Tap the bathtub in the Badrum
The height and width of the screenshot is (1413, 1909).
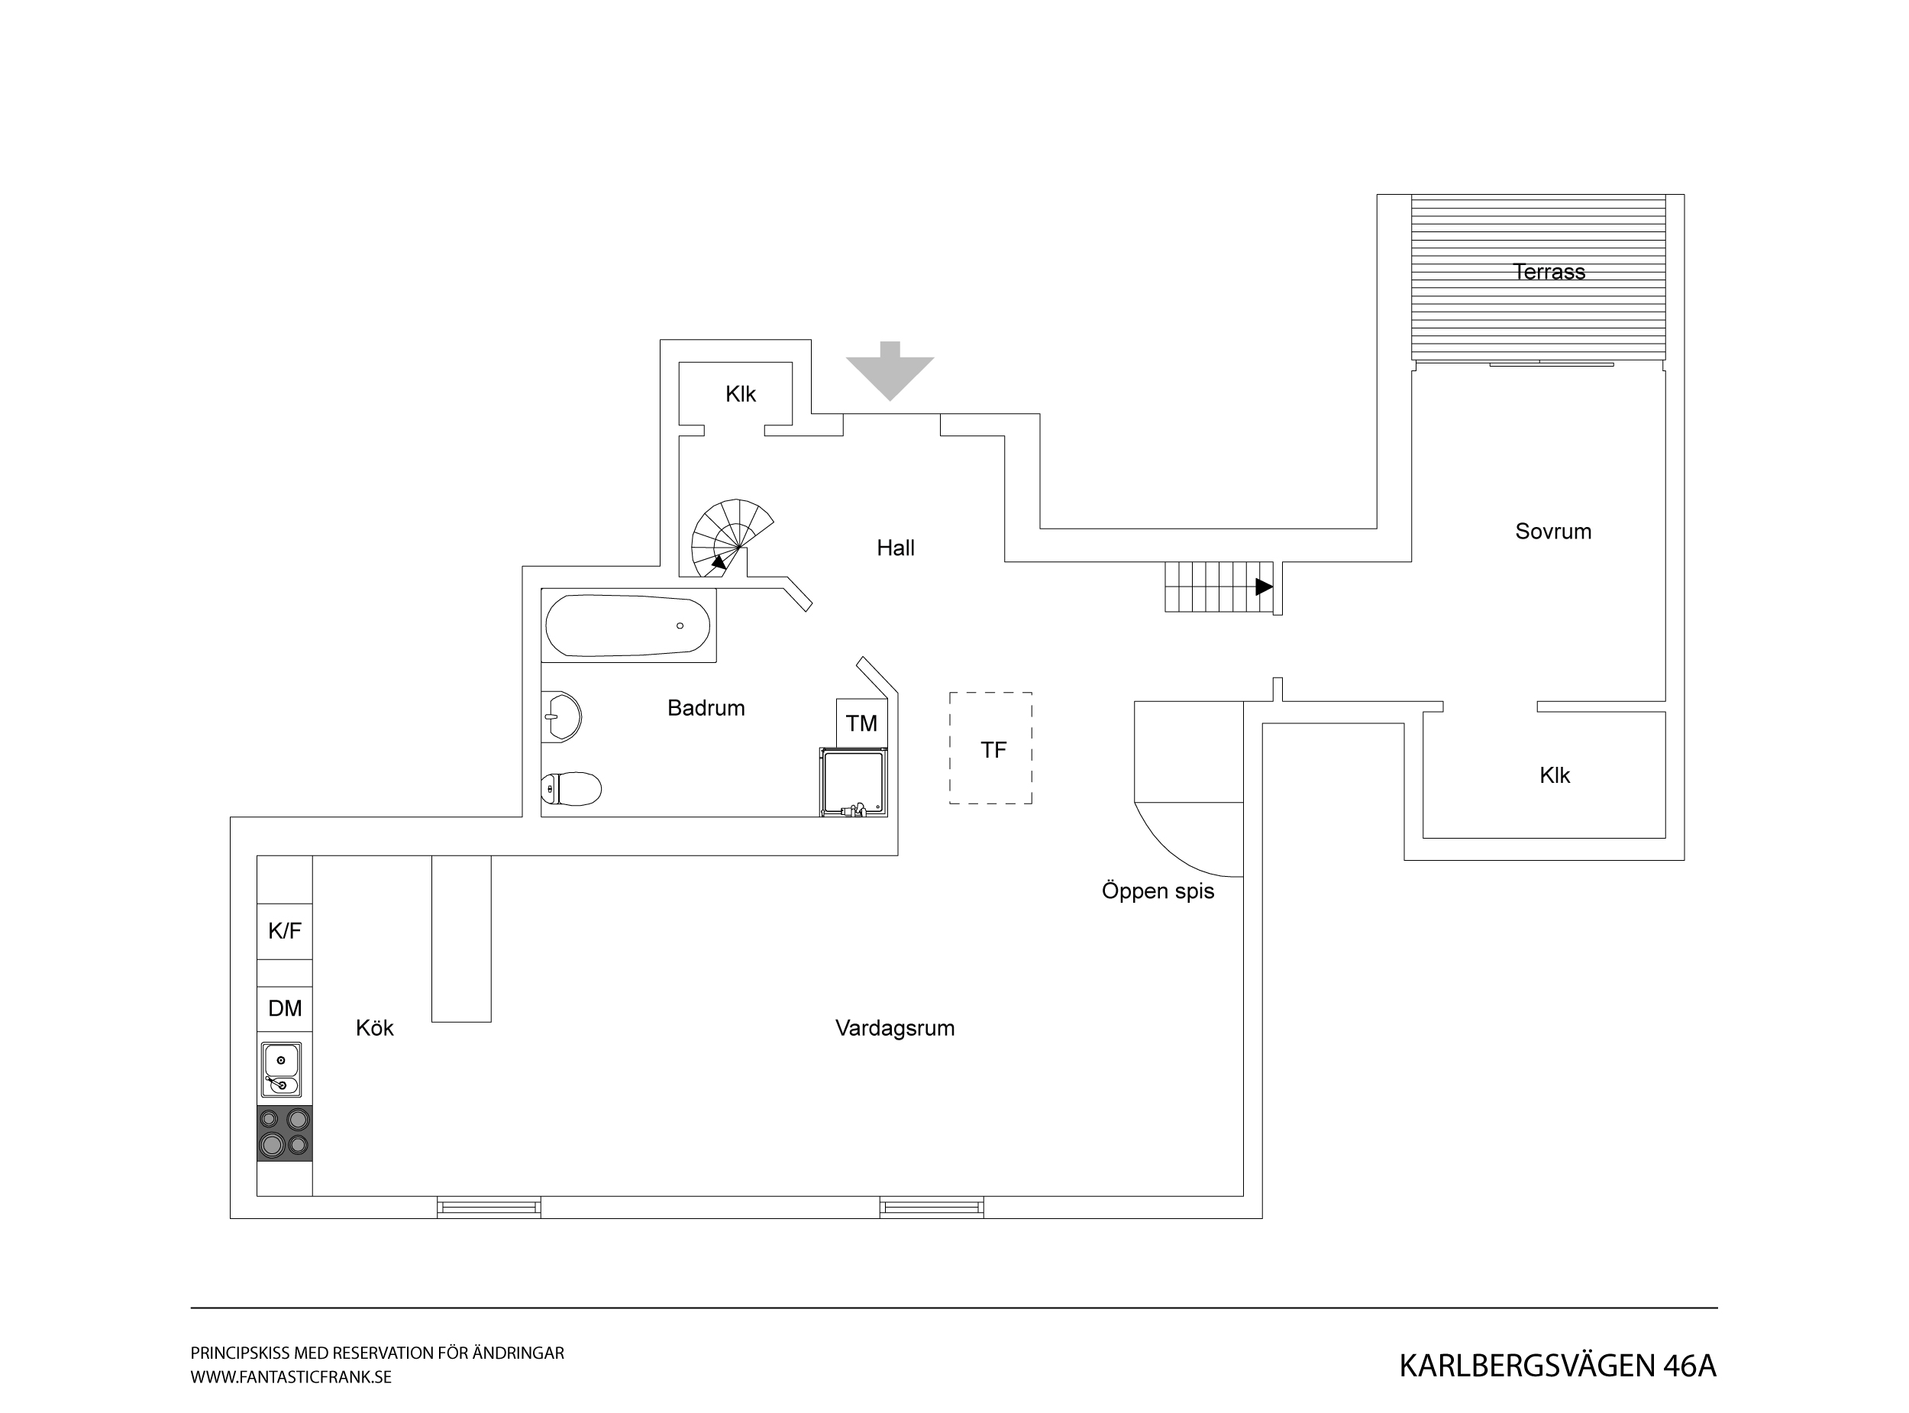click(628, 626)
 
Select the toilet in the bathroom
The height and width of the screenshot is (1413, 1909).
click(571, 789)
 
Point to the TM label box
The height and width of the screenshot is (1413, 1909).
click(862, 723)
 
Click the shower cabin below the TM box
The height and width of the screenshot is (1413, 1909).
click(853, 782)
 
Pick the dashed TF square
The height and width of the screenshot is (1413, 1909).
click(991, 748)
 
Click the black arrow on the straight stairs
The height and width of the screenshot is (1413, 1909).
click(1264, 587)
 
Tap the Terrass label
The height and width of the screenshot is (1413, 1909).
click(1549, 272)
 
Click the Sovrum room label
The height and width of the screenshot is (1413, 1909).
click(1553, 531)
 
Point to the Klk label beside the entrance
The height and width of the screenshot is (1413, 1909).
click(741, 394)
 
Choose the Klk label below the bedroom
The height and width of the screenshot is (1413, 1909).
click(1554, 775)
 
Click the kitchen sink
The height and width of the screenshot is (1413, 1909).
click(281, 1069)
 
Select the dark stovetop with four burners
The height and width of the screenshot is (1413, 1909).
click(285, 1133)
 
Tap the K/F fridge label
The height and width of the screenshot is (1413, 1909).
click(285, 930)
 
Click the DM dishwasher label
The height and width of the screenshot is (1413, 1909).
click(285, 1008)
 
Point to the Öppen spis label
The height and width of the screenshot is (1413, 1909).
click(1158, 891)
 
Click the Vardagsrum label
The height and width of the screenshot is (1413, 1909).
click(894, 1028)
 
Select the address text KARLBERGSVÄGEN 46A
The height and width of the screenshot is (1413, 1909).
click(1558, 1366)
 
